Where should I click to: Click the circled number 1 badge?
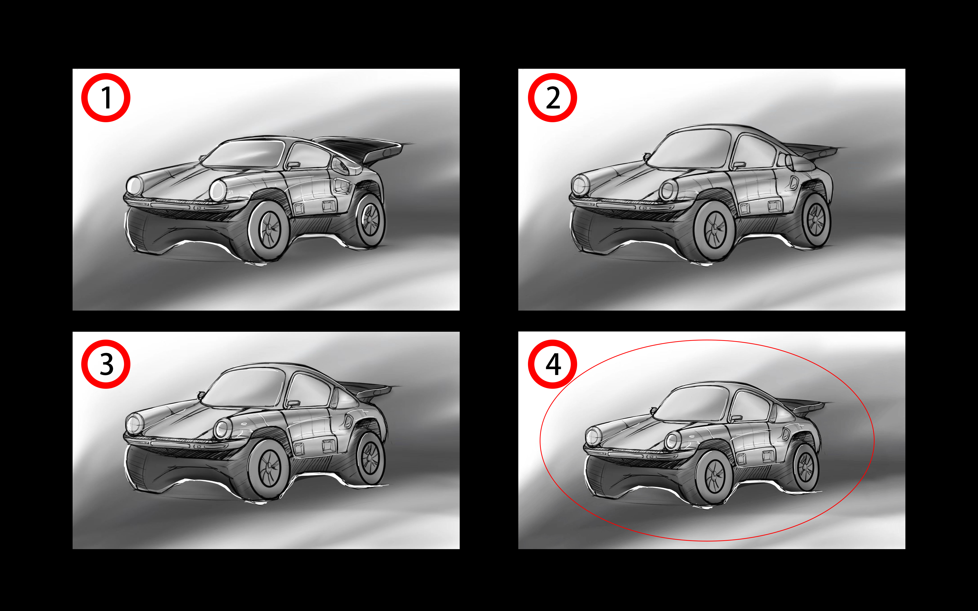click(106, 98)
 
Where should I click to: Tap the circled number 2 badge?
click(552, 98)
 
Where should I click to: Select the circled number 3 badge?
click(106, 364)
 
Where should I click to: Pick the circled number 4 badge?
click(552, 364)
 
